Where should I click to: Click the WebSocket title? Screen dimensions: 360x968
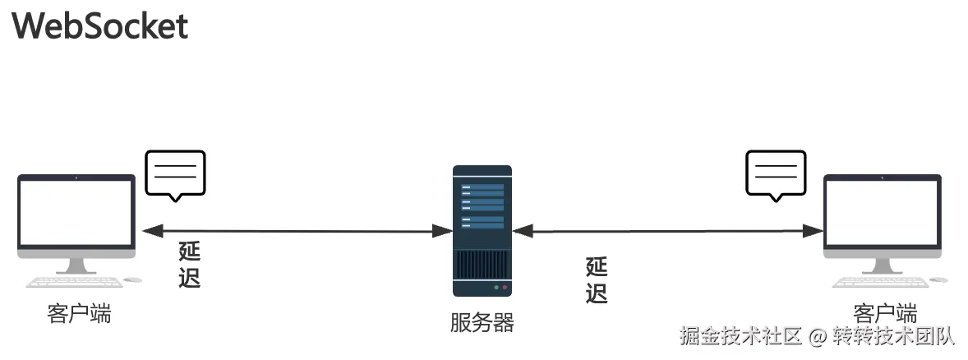(100, 26)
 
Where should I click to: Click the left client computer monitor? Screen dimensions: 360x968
(76, 215)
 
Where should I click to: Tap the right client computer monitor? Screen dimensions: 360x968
(883, 215)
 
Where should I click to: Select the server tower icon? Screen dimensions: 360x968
(482, 230)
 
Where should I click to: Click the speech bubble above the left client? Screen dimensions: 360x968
(175, 175)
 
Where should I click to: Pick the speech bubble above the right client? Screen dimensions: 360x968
(776, 175)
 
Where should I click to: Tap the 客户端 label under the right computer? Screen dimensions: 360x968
(885, 313)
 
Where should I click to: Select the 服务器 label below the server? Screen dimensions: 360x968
(482, 323)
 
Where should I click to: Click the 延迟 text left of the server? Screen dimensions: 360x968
(190, 265)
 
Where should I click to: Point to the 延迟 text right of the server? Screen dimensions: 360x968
(597, 280)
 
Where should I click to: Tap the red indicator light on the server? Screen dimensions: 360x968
(504, 288)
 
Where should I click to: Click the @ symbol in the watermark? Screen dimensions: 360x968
(816, 336)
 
